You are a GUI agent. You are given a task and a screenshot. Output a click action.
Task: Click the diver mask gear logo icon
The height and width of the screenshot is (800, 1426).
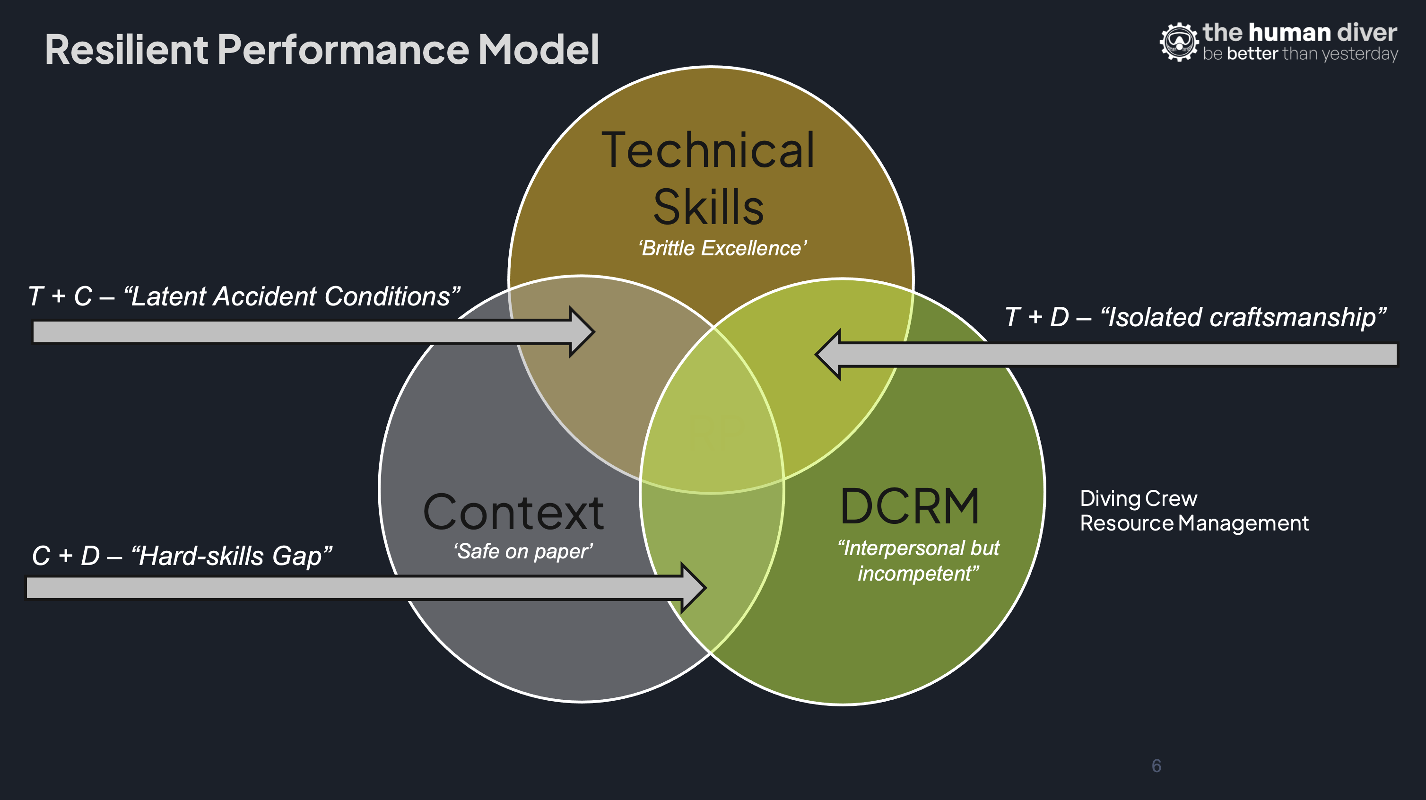pyautogui.click(x=1179, y=42)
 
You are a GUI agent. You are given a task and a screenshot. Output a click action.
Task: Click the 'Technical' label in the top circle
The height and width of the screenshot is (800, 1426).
pyautogui.click(x=709, y=150)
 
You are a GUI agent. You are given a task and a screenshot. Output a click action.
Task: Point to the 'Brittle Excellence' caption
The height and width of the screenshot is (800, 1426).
pyautogui.click(x=722, y=249)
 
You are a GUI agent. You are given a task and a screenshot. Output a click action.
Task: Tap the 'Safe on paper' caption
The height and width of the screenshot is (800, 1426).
pyautogui.click(x=522, y=551)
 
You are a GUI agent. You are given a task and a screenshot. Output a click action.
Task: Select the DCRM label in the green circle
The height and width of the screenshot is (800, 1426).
pyautogui.click(x=910, y=506)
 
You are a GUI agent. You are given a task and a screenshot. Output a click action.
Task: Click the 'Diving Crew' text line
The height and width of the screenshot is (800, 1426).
pyautogui.click(x=1138, y=499)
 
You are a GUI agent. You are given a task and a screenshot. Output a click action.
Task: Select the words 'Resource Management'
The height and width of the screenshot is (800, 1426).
pyautogui.click(x=1194, y=523)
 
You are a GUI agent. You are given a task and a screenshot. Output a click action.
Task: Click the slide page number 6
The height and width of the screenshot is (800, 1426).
pyautogui.click(x=1156, y=765)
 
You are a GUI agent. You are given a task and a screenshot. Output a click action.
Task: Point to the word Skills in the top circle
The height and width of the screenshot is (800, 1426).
pyautogui.click(x=709, y=208)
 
